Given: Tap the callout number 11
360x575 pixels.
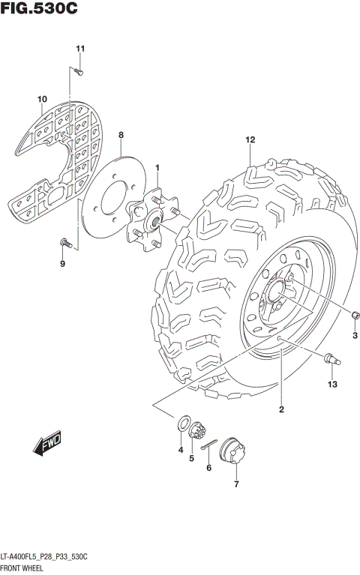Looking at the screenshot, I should pyautogui.click(x=79, y=49).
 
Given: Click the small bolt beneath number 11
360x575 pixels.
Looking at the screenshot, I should pyautogui.click(x=78, y=71).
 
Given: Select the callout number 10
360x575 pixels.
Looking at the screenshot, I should pyautogui.click(x=42, y=99).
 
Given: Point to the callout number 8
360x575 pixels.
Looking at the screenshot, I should pyautogui.click(x=121, y=134).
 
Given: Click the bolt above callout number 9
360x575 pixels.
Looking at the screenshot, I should pyautogui.click(x=64, y=242).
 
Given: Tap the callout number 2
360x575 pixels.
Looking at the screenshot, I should pyautogui.click(x=281, y=409).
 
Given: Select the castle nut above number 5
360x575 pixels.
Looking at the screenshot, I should pyautogui.click(x=198, y=432).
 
